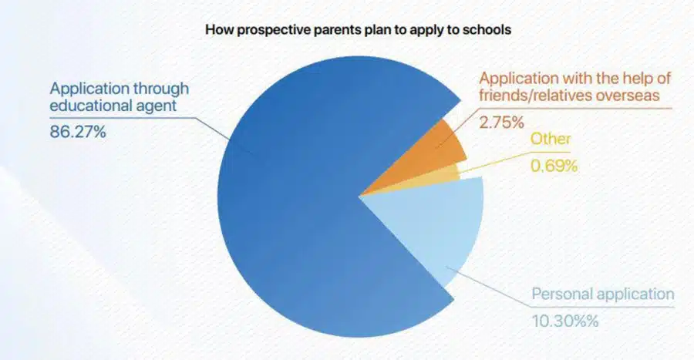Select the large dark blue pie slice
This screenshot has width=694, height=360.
coord(293,216)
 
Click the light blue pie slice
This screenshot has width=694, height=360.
coord(440,224)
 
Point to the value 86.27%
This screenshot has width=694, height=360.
coord(78,133)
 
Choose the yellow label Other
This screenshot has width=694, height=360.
coord(550,140)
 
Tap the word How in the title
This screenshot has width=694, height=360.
coord(217,32)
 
